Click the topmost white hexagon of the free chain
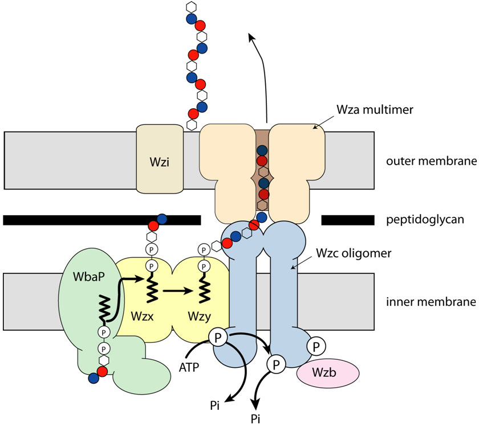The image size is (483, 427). click(x=190, y=7)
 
